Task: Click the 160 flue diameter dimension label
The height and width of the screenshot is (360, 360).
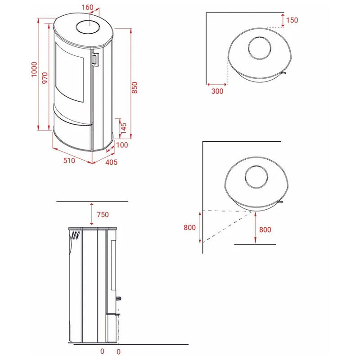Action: tap(87, 7)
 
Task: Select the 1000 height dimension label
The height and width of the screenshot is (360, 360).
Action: tap(34, 69)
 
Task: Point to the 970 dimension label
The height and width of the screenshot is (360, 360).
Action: tap(45, 78)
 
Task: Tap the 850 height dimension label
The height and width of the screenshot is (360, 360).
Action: tap(135, 87)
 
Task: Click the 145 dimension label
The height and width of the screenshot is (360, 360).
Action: tap(124, 128)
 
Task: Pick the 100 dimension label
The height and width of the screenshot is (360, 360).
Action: tap(122, 145)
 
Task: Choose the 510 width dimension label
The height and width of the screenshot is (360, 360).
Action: tap(69, 161)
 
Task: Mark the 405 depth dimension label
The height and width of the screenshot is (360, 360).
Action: tap(111, 162)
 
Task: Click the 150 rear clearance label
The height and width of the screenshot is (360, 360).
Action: tap(292, 20)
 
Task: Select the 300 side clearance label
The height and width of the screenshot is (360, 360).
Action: tap(217, 91)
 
